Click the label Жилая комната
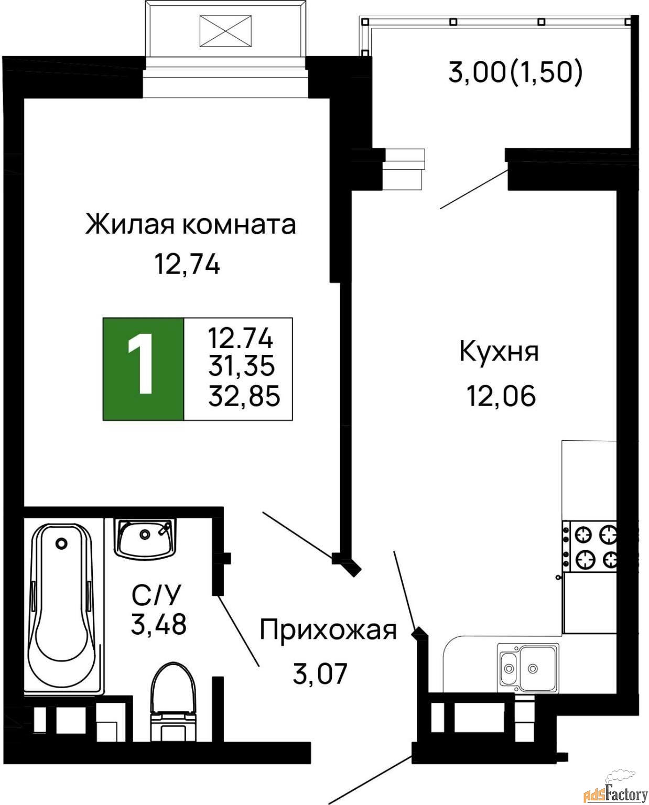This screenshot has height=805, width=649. (190, 225)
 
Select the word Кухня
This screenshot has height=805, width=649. (499, 352)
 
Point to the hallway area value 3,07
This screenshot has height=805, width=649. (320, 673)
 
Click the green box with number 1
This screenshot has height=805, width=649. (143, 369)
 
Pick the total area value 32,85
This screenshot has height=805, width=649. (244, 396)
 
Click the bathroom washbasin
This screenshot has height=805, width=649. (145, 539)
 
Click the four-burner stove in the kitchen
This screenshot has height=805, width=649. (589, 546)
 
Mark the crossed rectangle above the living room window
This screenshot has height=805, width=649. (225, 31)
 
